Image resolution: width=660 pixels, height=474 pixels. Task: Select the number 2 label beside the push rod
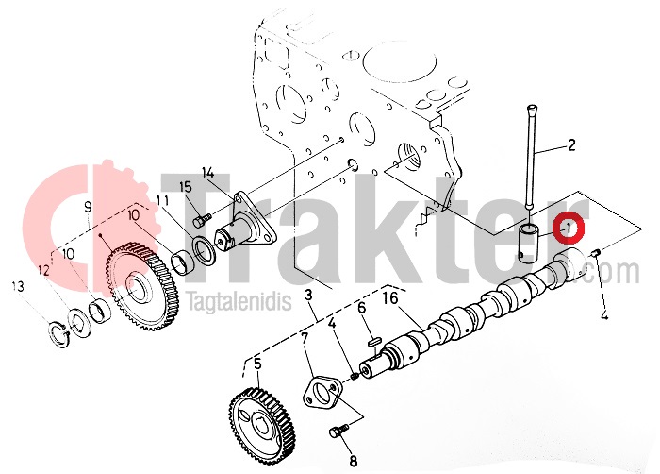[x=571, y=145]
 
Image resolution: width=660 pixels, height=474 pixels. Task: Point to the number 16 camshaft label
[x=389, y=298]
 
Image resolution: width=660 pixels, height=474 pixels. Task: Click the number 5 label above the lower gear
[x=257, y=364]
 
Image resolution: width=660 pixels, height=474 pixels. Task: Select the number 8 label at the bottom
[x=354, y=461]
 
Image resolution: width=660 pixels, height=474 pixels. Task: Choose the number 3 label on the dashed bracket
[x=309, y=296]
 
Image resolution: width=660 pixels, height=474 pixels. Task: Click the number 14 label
[x=208, y=173]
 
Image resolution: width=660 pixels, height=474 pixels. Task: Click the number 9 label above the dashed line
[x=88, y=207]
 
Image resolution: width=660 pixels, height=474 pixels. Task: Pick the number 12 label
[x=43, y=270]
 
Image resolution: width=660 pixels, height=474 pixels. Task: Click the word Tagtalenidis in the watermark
[x=239, y=301]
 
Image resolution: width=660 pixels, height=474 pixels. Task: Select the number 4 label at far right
[x=604, y=314]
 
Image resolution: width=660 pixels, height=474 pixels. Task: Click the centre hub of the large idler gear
[x=137, y=288]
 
